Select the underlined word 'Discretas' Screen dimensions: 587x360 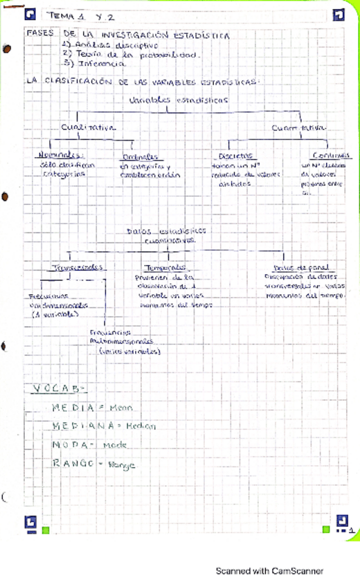tap(234, 156)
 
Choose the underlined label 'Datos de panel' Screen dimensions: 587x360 tap(291, 267)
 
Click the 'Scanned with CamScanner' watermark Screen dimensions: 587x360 tap(269, 571)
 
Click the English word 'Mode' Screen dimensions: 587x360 tap(114, 445)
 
